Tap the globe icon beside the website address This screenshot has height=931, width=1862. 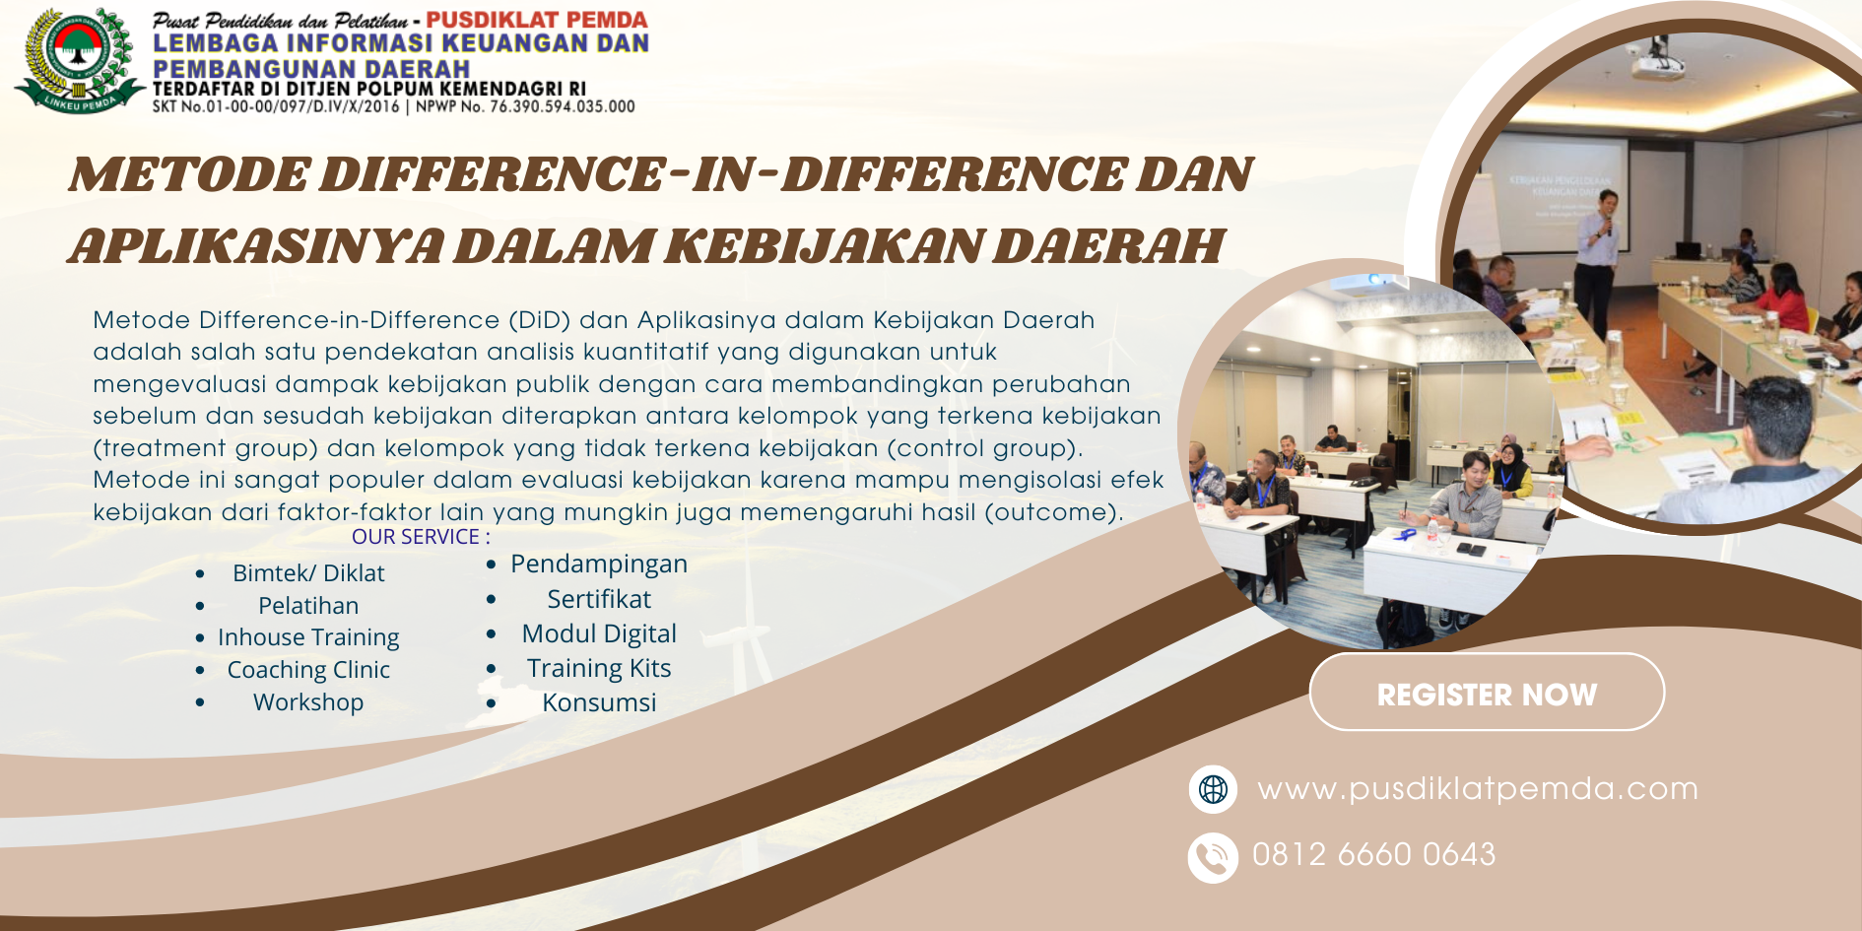pyautogui.click(x=1213, y=789)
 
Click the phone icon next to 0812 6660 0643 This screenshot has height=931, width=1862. pyautogui.click(x=1213, y=857)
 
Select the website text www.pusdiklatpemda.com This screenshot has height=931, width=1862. pyautogui.click(x=1478, y=789)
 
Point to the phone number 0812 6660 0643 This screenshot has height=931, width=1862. pyautogui.click(x=1373, y=854)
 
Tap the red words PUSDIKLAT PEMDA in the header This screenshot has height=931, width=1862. pyautogui.click(x=536, y=20)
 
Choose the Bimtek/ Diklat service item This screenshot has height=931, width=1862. pyautogui.click(x=308, y=573)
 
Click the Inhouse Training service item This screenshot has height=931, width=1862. pyautogui.click(x=308, y=637)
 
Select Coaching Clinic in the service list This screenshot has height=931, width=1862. pyautogui.click(x=308, y=670)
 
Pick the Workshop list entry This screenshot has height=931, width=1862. pyautogui.click(x=308, y=702)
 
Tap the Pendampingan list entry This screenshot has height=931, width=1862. pyautogui.click(x=599, y=565)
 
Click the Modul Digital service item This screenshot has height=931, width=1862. pyautogui.click(x=599, y=633)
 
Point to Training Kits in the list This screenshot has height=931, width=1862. pyautogui.click(x=599, y=668)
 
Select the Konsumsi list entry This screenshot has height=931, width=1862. pyautogui.click(x=599, y=702)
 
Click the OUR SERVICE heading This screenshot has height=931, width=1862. pyautogui.click(x=421, y=537)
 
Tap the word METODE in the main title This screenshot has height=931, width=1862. pyautogui.click(x=189, y=175)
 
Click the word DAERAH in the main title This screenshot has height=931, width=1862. pyautogui.click(x=1107, y=246)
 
